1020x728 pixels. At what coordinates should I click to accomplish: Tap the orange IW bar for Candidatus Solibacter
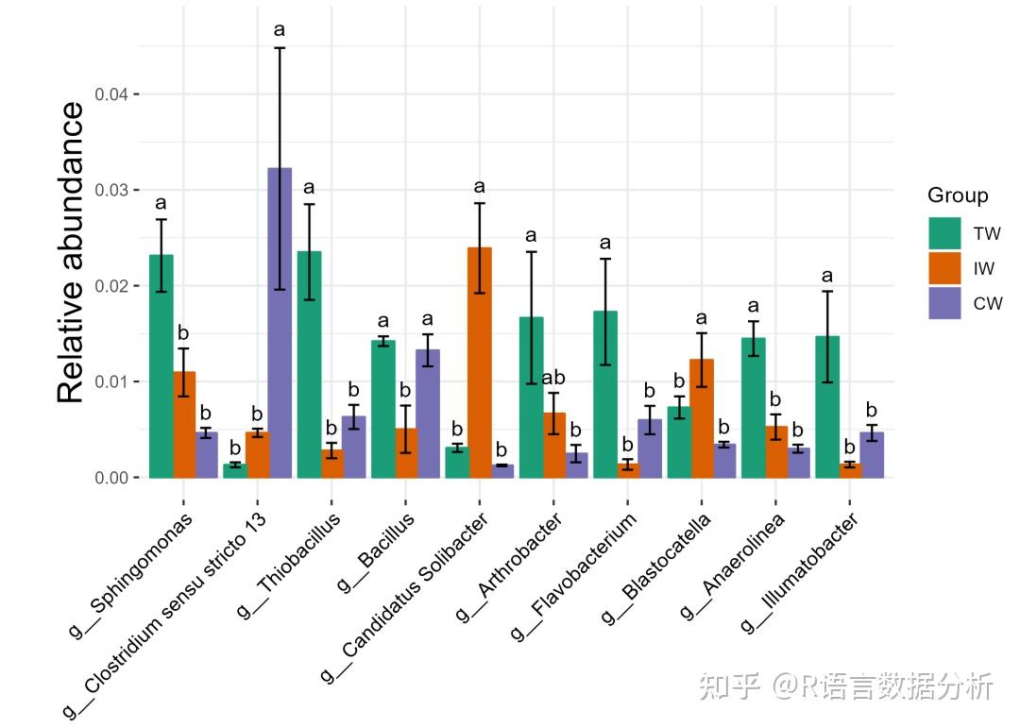pos(480,363)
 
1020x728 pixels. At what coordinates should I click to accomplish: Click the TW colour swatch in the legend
pos(944,233)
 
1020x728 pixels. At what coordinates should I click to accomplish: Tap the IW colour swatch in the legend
pos(944,268)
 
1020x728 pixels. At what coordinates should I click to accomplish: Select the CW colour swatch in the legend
pos(944,303)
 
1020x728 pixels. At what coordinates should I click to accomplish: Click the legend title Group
pos(958,195)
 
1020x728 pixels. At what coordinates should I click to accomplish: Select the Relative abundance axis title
pos(72,253)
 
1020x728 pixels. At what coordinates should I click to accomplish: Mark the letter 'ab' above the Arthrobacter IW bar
pos(553,378)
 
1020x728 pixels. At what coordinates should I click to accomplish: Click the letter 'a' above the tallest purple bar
pos(280,30)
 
